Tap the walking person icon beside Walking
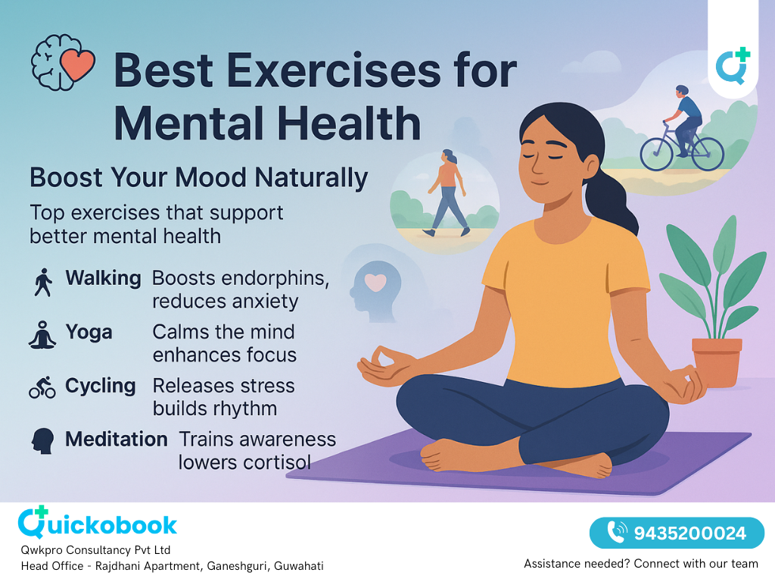(x=43, y=282)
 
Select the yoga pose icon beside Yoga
(x=42, y=334)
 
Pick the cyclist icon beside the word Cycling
(x=42, y=387)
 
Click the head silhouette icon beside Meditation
(x=42, y=440)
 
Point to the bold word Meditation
(x=117, y=440)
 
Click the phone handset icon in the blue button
(x=618, y=533)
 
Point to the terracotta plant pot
(x=717, y=362)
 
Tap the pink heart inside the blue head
(x=375, y=282)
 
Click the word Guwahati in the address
(x=299, y=566)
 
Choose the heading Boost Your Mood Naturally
(x=198, y=178)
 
